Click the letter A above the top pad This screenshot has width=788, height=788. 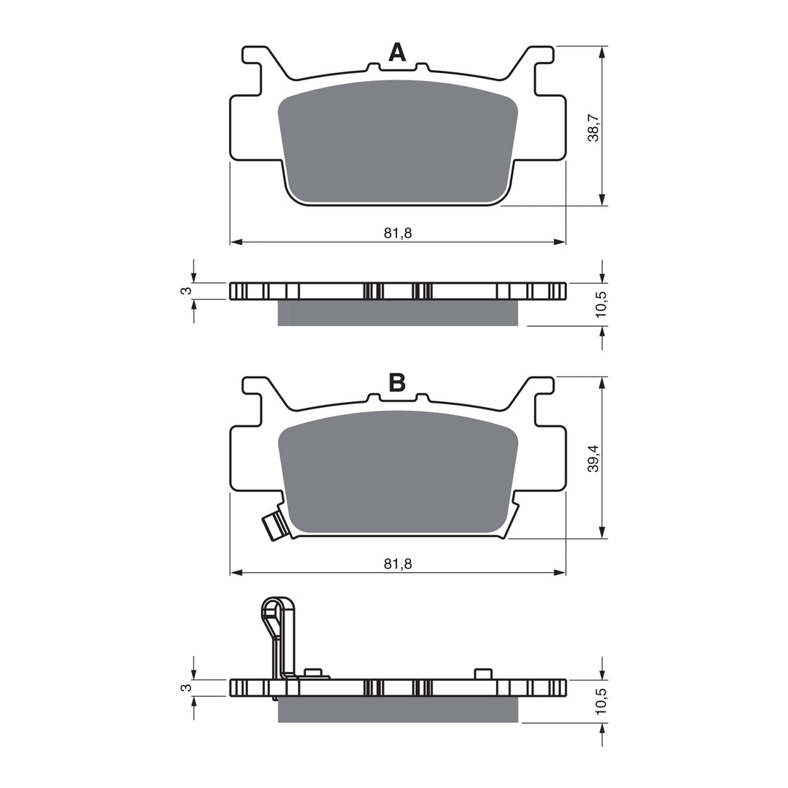tap(397, 52)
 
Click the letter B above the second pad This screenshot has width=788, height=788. tap(397, 382)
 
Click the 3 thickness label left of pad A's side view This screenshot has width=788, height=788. tap(188, 290)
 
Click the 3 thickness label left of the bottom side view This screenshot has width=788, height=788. tap(188, 687)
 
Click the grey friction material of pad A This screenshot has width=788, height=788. tap(398, 142)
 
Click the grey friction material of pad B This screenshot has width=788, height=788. tap(398, 474)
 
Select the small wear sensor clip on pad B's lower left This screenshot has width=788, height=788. tap(274, 525)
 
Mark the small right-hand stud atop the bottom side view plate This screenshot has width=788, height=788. tap(482, 673)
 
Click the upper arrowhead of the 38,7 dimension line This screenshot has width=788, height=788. tap(601, 53)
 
